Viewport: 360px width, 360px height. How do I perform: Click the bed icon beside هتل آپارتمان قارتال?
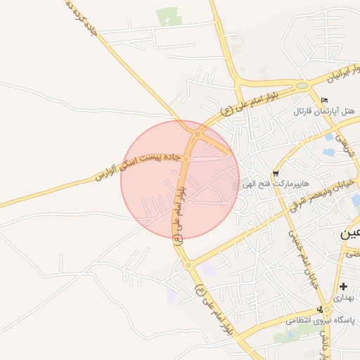(323, 100)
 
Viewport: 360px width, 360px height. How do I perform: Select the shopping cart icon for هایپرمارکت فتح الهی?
(275, 173)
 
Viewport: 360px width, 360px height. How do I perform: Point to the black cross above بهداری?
(343, 286)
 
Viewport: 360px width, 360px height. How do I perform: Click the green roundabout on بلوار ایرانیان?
(302, 86)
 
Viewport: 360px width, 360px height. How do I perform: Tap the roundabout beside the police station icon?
(326, 321)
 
